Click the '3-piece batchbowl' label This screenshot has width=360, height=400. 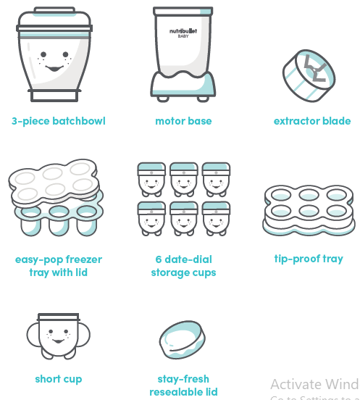click(59, 121)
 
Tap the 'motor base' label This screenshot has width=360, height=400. click(184, 121)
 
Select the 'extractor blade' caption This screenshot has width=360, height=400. click(312, 121)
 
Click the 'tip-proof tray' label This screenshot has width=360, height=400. click(309, 259)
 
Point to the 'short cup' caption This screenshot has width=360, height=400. click(59, 379)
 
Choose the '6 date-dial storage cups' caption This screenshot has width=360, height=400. click(184, 266)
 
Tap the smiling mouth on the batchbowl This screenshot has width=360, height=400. click(55, 69)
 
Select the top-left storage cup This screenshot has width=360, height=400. click(152, 178)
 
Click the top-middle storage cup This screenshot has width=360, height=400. click(184, 178)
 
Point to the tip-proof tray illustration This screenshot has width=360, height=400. click(309, 209)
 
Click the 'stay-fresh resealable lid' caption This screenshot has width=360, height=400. click(184, 386)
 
